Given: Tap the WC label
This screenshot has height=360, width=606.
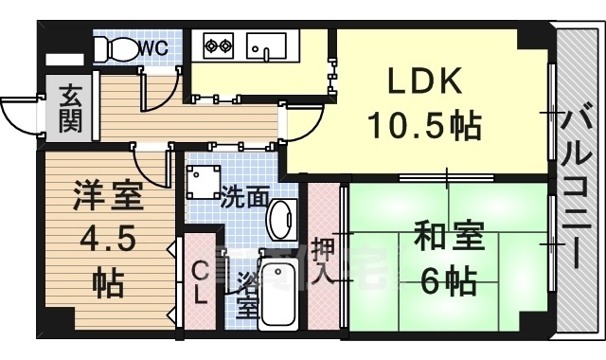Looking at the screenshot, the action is (153, 48).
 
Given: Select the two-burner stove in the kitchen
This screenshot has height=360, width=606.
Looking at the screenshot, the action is (219, 46).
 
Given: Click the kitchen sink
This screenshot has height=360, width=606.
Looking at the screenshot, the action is (267, 46).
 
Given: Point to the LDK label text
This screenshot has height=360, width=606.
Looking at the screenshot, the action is (425, 81).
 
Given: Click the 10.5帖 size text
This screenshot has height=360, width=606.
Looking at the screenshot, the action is (425, 125).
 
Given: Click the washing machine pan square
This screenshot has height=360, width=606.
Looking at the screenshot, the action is (204, 182).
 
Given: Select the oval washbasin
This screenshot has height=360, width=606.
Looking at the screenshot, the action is (282, 221).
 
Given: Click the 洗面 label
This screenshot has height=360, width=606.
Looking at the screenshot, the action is (244, 197).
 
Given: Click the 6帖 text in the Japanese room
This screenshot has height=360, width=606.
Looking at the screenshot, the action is (448, 281).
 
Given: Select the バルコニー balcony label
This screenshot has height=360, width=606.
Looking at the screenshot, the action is (577, 189).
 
